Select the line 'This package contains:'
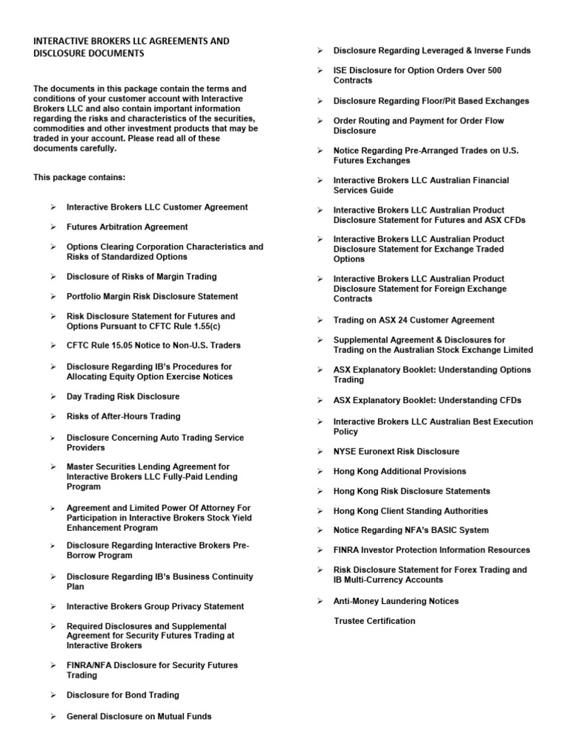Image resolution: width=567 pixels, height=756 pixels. click(79, 178)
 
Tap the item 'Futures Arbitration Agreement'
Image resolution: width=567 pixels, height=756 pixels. click(127, 227)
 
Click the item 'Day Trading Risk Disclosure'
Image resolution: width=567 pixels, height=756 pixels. click(123, 396)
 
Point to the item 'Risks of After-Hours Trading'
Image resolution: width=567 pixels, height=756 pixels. click(123, 416)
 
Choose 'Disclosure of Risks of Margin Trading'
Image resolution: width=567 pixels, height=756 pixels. click(142, 277)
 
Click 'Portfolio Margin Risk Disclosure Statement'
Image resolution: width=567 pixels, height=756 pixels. click(152, 297)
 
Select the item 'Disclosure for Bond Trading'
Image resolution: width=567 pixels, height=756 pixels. click(123, 695)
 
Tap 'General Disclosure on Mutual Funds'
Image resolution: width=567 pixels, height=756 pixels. click(139, 716)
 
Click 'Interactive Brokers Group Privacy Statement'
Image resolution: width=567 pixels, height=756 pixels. click(155, 607)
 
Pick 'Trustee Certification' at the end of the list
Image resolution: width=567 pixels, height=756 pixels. click(374, 621)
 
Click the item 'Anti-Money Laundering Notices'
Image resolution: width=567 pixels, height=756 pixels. click(396, 601)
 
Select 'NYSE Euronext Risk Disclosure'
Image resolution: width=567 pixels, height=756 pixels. click(396, 451)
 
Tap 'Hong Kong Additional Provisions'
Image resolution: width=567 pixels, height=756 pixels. click(399, 471)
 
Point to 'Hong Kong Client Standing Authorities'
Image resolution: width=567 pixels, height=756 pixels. click(410, 511)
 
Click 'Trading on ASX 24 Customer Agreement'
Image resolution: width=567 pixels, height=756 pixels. click(413, 320)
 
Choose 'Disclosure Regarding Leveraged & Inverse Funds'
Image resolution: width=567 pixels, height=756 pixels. click(432, 51)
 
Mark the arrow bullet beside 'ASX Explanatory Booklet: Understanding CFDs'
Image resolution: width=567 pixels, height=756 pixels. click(319, 400)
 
